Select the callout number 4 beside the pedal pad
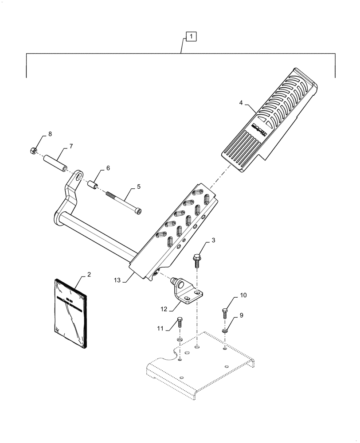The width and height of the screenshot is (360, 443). point(241,103)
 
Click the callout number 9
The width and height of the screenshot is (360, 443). point(242,315)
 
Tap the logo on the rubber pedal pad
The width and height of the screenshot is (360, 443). point(258,128)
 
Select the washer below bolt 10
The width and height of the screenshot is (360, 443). point(226,330)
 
